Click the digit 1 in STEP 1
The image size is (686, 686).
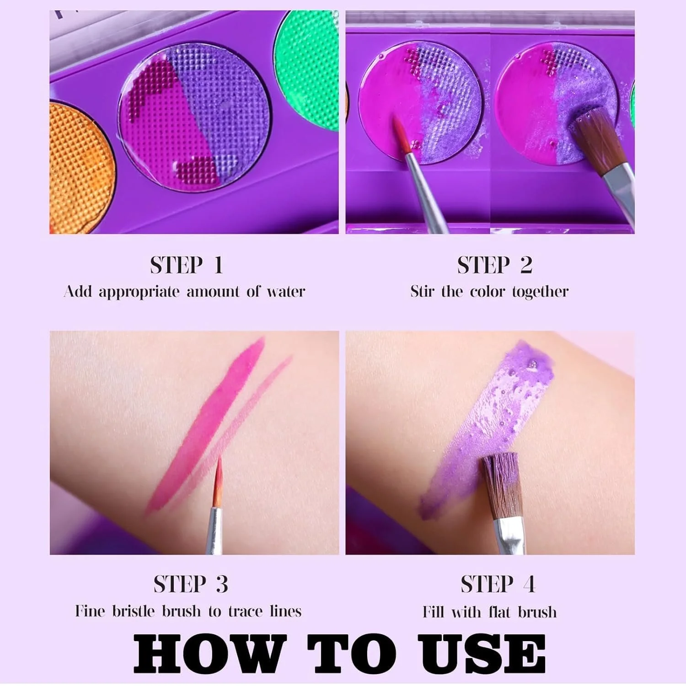(x=218, y=266)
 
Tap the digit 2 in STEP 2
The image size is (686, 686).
(x=526, y=266)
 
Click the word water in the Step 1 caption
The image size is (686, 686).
(x=286, y=291)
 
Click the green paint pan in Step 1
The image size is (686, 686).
(x=307, y=69)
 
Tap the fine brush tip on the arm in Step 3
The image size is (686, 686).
(x=219, y=481)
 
